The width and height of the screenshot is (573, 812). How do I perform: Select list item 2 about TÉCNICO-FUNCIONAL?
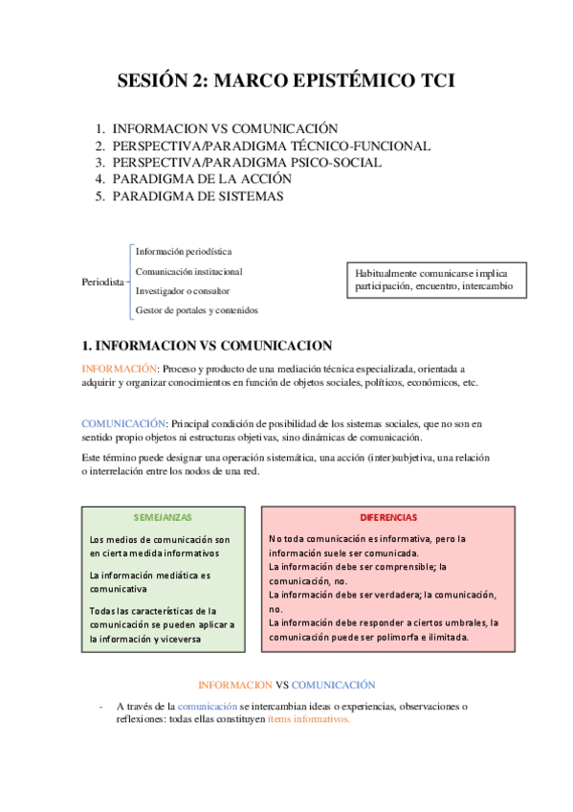(x=271, y=146)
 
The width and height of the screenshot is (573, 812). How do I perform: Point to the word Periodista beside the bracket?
(x=104, y=282)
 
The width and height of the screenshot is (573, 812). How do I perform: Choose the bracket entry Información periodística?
(x=184, y=251)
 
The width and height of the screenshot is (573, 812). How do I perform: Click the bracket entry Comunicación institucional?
(x=188, y=271)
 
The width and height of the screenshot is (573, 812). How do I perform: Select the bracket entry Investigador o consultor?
(x=182, y=290)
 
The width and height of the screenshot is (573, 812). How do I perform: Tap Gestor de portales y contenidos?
(x=196, y=310)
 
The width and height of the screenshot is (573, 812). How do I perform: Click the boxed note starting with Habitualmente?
(x=433, y=279)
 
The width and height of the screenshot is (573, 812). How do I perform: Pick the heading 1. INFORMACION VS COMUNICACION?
(x=207, y=346)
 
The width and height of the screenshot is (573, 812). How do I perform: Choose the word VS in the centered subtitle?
(x=281, y=685)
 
